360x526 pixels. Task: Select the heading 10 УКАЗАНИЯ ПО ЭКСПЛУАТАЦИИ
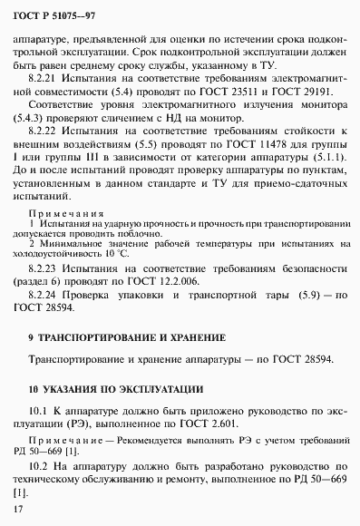click(x=114, y=389)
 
